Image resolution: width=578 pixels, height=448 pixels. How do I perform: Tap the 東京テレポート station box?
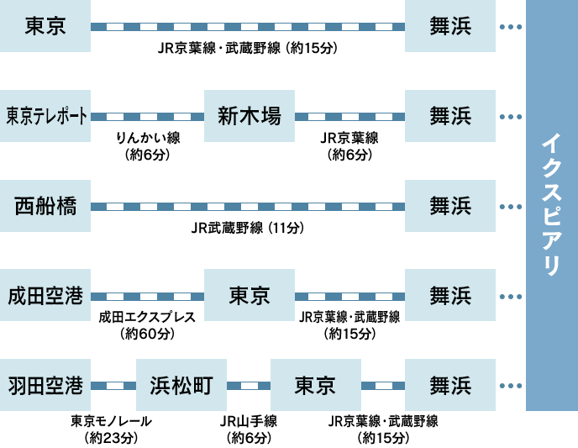(x=45, y=116)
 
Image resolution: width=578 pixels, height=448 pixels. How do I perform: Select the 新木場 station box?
(x=250, y=116)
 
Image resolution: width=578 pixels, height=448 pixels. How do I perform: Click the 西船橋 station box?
(x=45, y=206)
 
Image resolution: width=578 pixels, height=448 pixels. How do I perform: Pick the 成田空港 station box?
(x=45, y=296)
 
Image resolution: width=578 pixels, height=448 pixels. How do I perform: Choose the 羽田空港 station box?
(x=45, y=386)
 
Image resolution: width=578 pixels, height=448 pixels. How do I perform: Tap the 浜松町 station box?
(x=181, y=386)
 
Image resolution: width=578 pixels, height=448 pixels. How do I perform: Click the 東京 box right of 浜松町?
(x=316, y=386)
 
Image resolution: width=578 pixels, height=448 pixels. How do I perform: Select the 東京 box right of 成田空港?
(x=250, y=296)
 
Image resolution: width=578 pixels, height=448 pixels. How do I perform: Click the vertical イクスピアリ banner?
(x=551, y=205)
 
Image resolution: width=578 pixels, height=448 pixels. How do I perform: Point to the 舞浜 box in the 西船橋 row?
(x=450, y=206)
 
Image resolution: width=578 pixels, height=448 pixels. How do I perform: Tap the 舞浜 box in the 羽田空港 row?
(x=450, y=386)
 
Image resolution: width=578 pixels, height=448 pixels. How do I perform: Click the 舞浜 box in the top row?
(x=450, y=26)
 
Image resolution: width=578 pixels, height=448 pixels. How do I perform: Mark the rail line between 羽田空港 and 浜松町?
(x=113, y=386)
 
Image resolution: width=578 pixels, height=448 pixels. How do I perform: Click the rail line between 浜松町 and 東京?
(x=249, y=386)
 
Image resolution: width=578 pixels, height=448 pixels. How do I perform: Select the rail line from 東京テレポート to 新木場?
(x=147, y=117)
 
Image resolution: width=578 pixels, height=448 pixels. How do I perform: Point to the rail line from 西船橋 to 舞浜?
(x=248, y=207)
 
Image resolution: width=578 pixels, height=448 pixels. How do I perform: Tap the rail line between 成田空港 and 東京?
(x=147, y=297)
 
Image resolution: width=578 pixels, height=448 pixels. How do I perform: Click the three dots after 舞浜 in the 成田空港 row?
(x=511, y=297)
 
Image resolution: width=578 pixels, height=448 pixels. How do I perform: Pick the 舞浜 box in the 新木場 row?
(x=450, y=116)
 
